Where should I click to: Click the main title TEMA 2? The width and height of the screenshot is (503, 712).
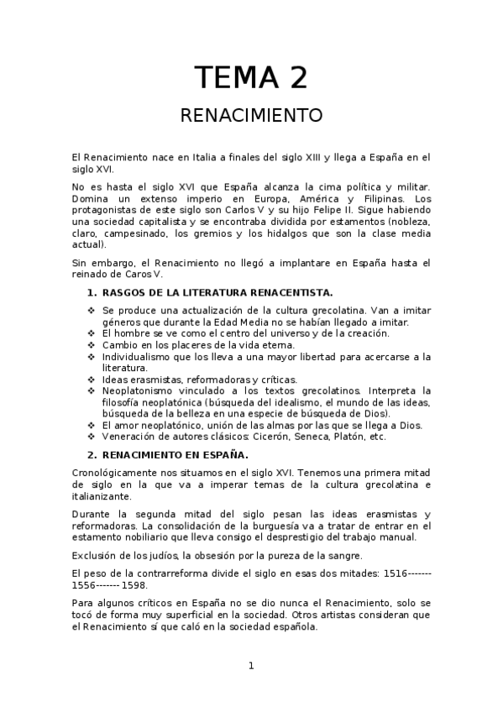[x=251, y=77]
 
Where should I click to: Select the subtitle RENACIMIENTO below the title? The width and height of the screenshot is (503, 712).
[x=251, y=115]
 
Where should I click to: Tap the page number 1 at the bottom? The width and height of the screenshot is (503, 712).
[x=250, y=666]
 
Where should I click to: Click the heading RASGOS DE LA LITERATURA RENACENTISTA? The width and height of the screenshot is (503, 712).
[x=217, y=292]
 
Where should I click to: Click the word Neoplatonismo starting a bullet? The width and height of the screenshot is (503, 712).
[x=141, y=390]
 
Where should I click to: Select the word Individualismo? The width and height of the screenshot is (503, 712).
[x=142, y=356]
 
